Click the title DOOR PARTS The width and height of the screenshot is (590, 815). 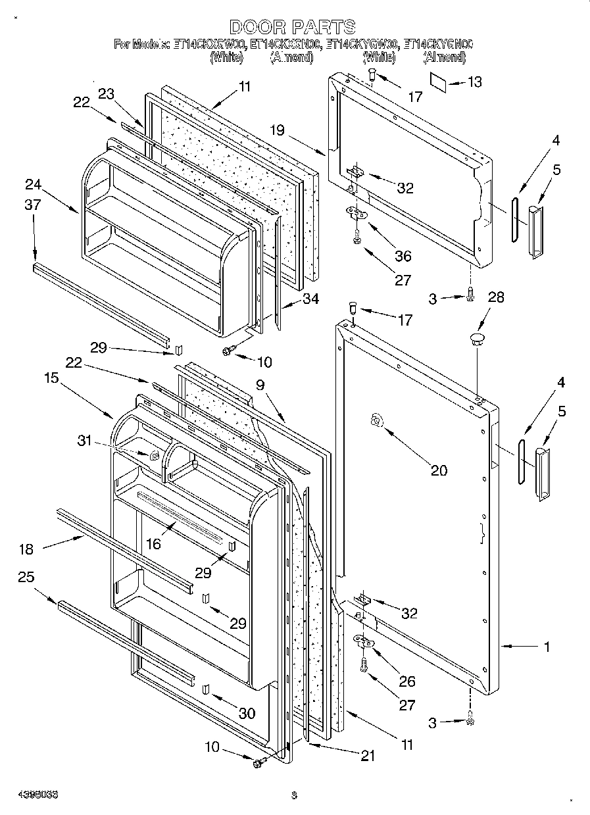tap(293, 27)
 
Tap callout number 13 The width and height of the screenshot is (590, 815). tap(474, 82)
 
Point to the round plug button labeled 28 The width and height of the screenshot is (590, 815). tap(476, 339)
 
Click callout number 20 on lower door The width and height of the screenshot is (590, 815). tap(439, 470)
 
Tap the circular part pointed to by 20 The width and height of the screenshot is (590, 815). tap(376, 421)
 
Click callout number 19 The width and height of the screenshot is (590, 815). tap(277, 130)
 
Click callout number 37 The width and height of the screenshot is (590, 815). tap(33, 205)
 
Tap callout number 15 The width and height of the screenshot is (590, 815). tap(52, 378)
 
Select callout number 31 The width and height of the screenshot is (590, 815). tap(85, 441)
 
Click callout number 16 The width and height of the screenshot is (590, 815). tap(153, 543)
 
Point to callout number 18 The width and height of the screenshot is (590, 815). tap(27, 549)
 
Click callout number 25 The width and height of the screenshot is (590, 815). tap(26, 578)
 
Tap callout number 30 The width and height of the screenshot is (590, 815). tap(247, 712)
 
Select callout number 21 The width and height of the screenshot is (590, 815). tap(367, 756)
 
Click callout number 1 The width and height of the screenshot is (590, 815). tap(547, 647)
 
